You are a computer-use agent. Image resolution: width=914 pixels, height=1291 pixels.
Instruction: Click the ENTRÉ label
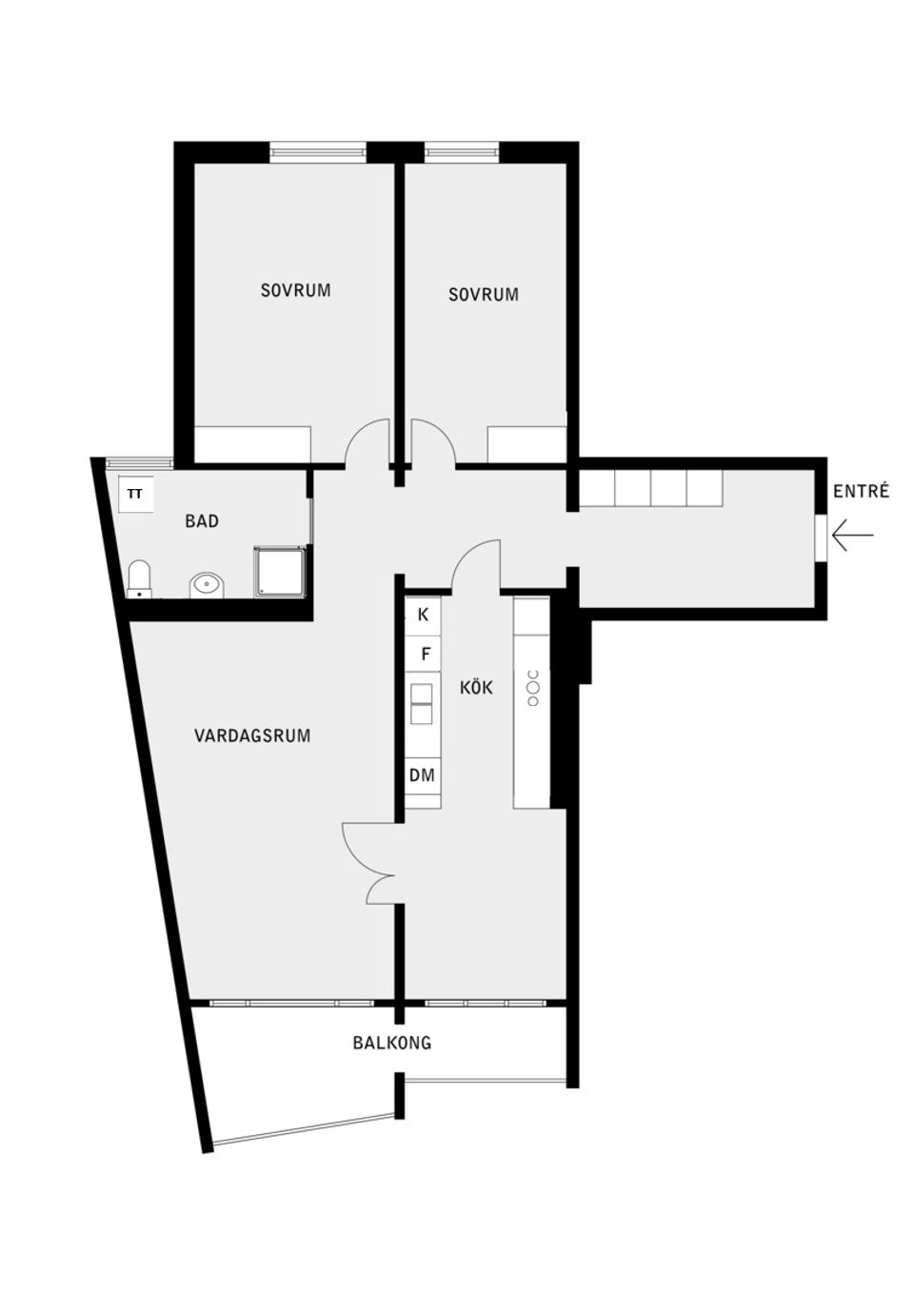[x=861, y=492]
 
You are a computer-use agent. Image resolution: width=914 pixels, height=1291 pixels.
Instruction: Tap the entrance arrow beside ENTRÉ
[x=852, y=536]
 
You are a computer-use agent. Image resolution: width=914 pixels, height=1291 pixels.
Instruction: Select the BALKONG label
[x=392, y=1043]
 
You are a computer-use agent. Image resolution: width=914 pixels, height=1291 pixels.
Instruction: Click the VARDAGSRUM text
[x=252, y=735]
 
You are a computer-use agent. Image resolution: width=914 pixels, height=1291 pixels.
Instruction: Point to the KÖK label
[x=476, y=687]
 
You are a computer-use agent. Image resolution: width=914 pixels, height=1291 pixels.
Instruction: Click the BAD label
[x=202, y=521]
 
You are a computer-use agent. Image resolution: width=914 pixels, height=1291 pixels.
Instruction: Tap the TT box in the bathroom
[x=135, y=495]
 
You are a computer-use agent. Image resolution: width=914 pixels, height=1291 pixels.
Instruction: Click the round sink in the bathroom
[x=207, y=584]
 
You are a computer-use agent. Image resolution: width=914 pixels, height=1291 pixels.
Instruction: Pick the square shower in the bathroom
[x=280, y=571]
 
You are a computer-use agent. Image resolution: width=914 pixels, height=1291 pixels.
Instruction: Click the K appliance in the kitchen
[x=423, y=615]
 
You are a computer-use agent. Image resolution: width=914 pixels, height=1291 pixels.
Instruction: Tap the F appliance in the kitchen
[x=425, y=655]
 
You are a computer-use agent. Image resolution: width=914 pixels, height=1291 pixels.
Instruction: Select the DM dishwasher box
[x=422, y=775]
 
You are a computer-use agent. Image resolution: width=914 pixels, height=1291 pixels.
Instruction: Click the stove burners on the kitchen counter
[x=533, y=688]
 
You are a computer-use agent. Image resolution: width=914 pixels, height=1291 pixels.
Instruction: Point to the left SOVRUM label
[x=296, y=290]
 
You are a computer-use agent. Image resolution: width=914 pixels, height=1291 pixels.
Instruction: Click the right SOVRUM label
[x=484, y=295]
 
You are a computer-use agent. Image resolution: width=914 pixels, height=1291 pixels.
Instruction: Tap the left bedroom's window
[x=318, y=149]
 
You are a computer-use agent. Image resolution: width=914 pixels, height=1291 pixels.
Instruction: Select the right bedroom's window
[x=461, y=149]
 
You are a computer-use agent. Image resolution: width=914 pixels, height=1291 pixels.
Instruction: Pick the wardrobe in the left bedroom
[x=252, y=444]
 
